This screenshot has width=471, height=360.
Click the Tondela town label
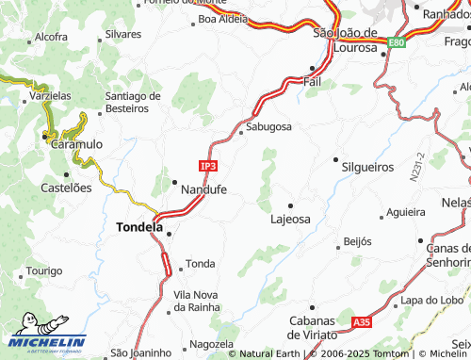coord(138,226)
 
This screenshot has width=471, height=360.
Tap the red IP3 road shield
coord(208,165)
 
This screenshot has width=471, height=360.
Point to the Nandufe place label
coord(203,189)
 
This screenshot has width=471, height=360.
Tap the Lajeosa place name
coord(290,219)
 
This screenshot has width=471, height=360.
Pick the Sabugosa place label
coord(268,125)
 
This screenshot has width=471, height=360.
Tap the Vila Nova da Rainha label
coord(196,302)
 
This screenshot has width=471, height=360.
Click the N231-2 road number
coord(415,167)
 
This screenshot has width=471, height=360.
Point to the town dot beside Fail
coord(313,69)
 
